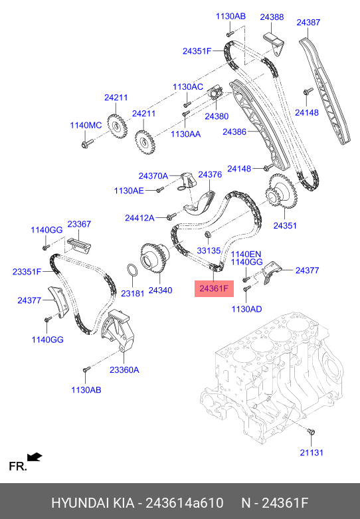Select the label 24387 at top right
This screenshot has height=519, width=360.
pos(308,22)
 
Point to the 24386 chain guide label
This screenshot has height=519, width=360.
pos(234,132)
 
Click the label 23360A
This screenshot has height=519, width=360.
pos(124,370)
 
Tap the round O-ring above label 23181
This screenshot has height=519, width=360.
pos(132,272)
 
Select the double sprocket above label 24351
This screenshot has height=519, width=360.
pos(280,192)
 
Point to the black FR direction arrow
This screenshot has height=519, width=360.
pos(35,458)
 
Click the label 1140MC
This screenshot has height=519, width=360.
pos(86,125)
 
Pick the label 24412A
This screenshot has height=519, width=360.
pos(139,217)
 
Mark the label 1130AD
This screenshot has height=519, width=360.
pos(246,308)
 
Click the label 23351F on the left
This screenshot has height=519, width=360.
pos(27,271)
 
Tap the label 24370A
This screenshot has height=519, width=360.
pos(153,176)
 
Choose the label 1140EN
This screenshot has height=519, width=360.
pos(246,254)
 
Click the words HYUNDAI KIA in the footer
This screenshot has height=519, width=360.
pos(92,502)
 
